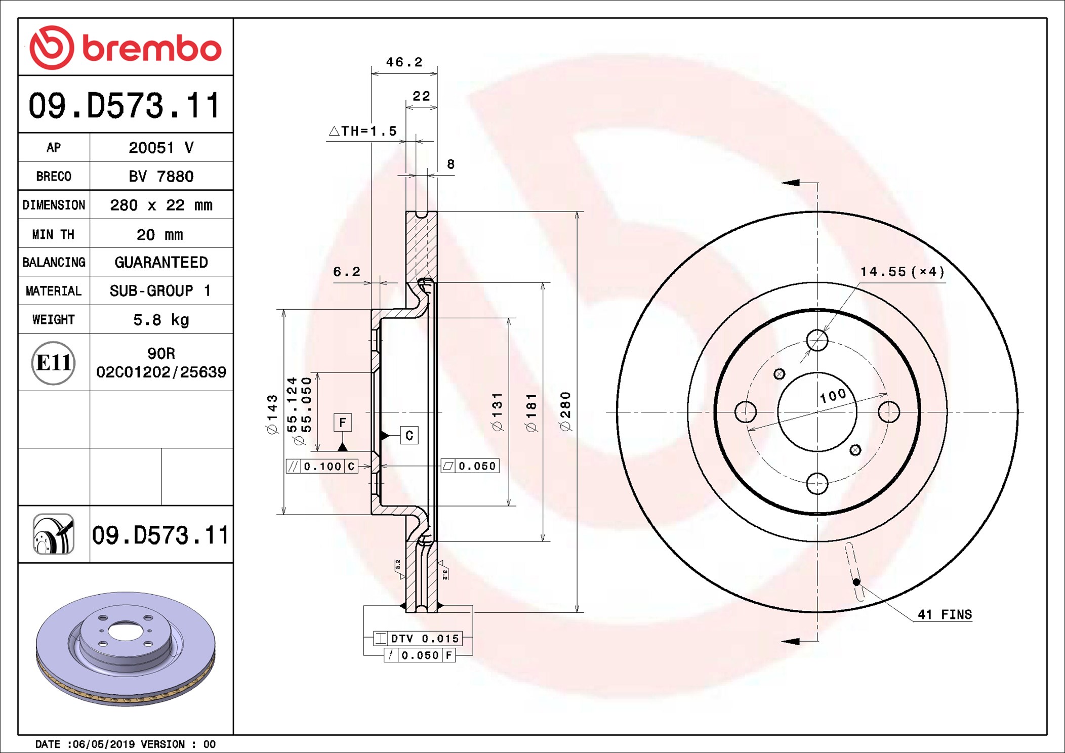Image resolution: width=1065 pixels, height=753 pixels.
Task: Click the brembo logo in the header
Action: click(x=126, y=48)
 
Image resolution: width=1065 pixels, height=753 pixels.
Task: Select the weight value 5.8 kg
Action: click(x=161, y=320)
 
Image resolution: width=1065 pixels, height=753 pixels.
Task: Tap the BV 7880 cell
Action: click(x=161, y=176)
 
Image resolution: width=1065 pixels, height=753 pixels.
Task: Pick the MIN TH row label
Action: click(x=53, y=234)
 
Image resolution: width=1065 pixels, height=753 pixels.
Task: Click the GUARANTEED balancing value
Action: click(x=161, y=262)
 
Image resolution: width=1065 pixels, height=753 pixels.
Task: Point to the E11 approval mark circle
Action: click(x=53, y=362)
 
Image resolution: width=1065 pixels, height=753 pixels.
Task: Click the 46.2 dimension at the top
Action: click(x=404, y=62)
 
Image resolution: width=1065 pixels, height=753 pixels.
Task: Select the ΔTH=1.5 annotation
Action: click(x=363, y=131)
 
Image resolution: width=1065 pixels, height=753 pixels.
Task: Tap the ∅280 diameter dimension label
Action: click(x=565, y=411)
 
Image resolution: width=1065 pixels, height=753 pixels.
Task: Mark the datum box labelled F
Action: click(x=343, y=423)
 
